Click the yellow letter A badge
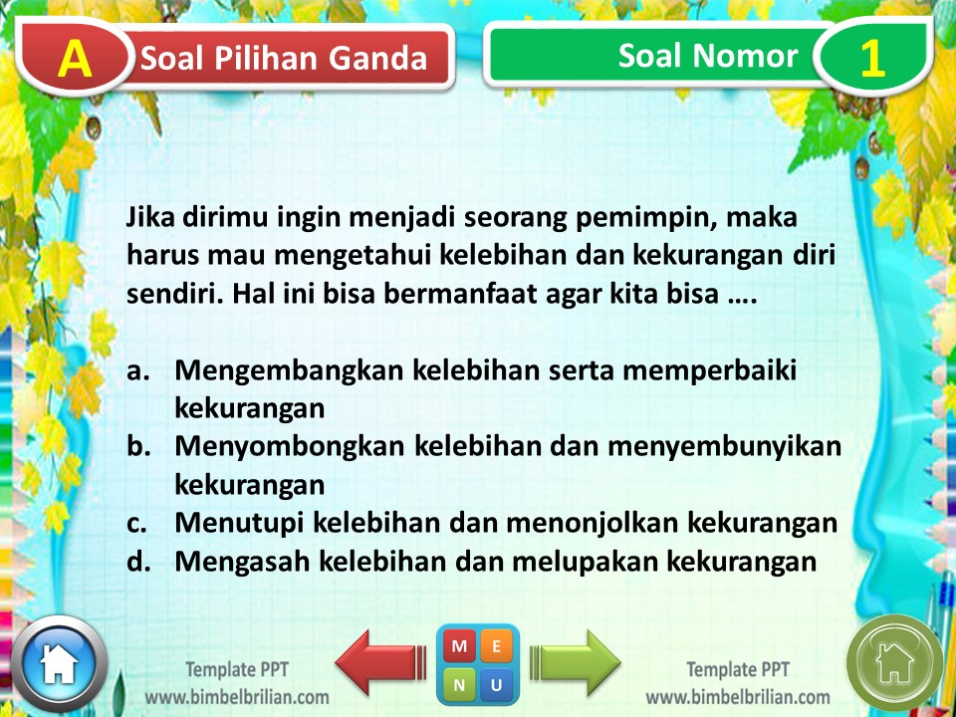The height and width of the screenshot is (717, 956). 75,58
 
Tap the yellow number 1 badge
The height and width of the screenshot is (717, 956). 872,58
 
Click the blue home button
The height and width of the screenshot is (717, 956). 59,663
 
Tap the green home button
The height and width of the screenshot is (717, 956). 894,663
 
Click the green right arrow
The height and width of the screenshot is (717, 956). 575,663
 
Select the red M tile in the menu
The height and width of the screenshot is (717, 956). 459,645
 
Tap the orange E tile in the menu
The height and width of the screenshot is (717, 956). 496,645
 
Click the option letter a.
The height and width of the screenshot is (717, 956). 137,371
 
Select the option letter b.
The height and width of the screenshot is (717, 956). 138,446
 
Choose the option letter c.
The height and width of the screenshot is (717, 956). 137,524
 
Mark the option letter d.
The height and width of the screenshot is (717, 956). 138,561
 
